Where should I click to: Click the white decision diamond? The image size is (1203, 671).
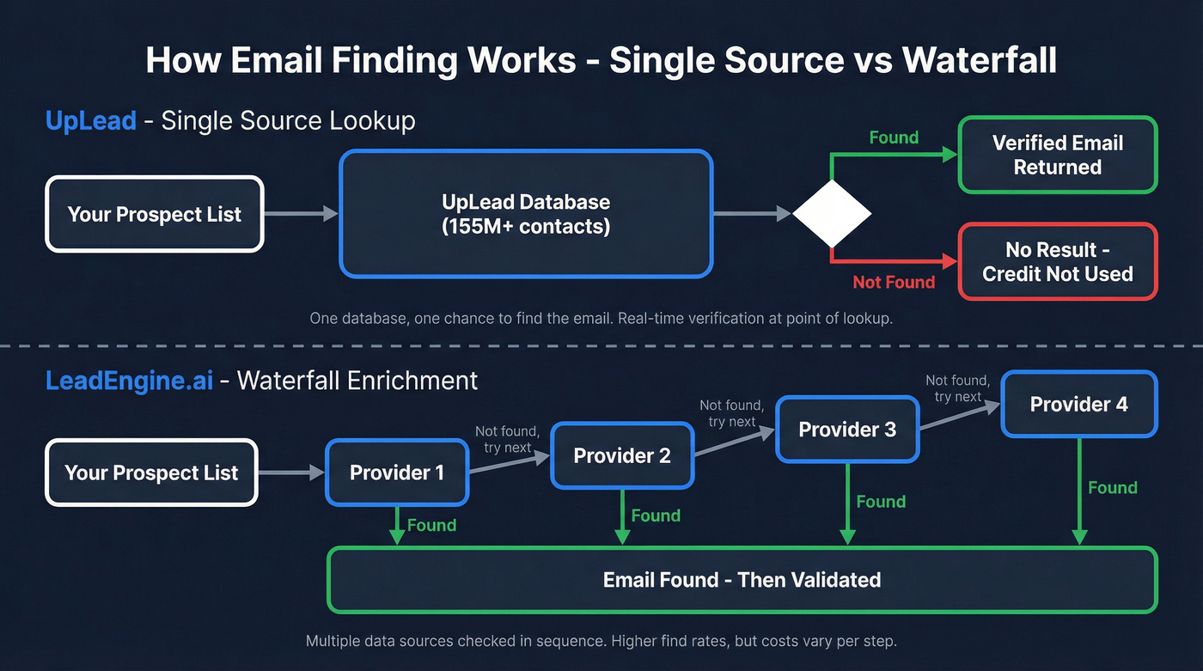point(831,213)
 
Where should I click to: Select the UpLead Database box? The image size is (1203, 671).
point(526,214)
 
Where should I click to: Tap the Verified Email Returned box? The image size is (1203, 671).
point(1057,156)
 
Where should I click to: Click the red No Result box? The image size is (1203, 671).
point(1057,262)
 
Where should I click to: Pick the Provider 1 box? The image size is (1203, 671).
point(397,473)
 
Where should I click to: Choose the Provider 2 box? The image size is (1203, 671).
point(622,455)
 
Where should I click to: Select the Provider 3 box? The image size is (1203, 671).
point(847,429)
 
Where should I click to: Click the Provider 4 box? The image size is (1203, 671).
point(1078,404)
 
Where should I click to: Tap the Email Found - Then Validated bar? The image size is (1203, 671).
point(742,580)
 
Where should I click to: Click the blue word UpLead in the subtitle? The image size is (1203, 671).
point(90,120)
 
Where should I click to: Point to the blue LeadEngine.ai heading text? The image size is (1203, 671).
point(129,380)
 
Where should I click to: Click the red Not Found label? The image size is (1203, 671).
point(893,282)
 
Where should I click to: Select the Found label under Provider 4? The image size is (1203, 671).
point(1112,488)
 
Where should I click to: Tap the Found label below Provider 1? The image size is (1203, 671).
point(431,525)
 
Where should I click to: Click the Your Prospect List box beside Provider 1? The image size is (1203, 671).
point(151,473)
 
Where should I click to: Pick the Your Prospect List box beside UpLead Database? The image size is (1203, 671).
point(155,214)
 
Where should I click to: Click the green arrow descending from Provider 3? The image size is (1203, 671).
point(847,503)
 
